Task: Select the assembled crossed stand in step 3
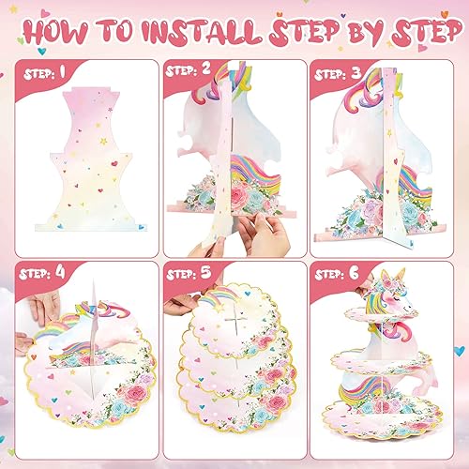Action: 380,169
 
